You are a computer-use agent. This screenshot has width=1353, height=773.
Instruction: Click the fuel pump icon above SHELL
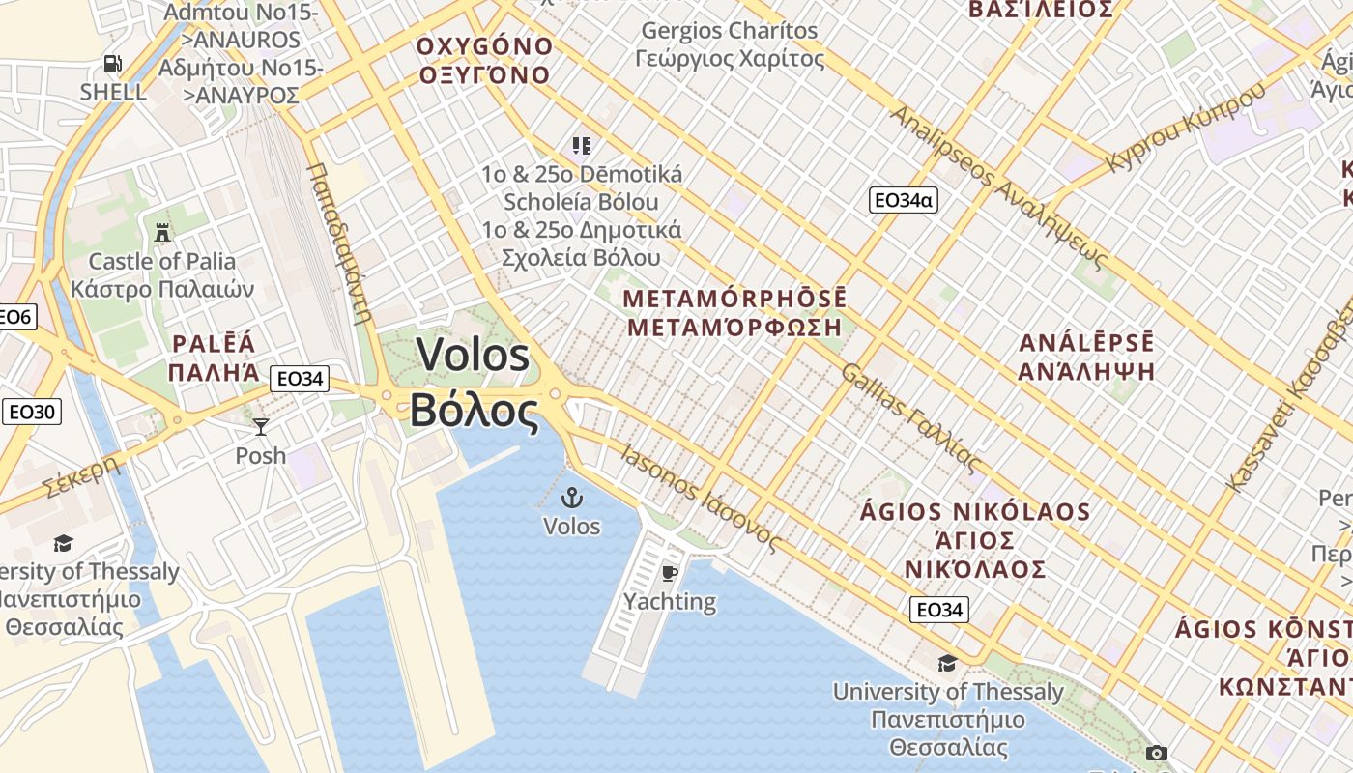113,65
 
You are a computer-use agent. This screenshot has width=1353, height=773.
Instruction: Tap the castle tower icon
162,232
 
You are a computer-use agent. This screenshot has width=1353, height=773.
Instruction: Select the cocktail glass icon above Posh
260,426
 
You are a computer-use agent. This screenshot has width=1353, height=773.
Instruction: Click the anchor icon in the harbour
572,499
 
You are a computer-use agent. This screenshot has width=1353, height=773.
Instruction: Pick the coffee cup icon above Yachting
669,574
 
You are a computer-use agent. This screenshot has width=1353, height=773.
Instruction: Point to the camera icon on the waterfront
1156,753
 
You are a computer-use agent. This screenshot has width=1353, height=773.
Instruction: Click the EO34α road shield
904,200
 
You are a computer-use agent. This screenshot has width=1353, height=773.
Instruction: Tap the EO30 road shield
32,413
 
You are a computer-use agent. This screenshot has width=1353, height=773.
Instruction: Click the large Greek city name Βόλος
474,412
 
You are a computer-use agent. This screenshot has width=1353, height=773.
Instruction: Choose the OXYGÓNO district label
484,46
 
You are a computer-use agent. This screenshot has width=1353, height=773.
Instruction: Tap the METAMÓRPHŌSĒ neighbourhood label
734,298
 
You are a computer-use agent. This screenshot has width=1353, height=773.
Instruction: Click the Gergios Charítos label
730,31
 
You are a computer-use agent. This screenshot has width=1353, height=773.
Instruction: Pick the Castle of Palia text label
162,261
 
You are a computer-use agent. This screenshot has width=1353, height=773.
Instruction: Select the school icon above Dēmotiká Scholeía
581,146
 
